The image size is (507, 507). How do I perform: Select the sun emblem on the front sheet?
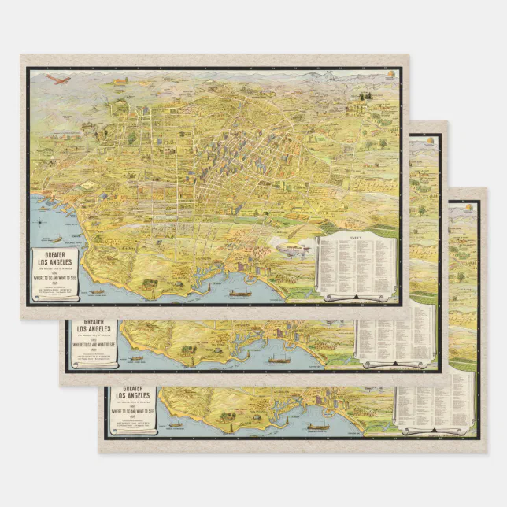[x=389, y=74]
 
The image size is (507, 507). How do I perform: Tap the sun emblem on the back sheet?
[x=470, y=207]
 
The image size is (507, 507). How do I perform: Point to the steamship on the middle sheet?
[x=280, y=360]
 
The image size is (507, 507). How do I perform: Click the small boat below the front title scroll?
[x=98, y=292]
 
